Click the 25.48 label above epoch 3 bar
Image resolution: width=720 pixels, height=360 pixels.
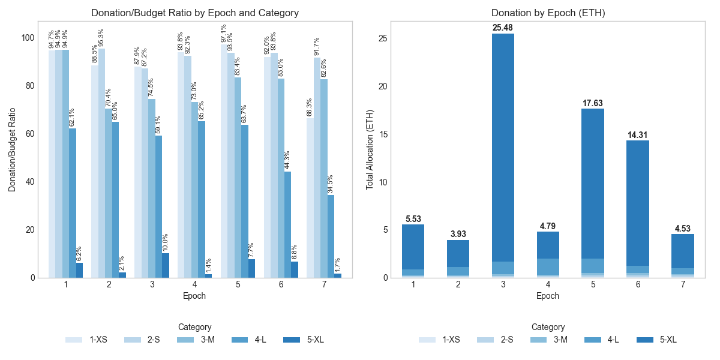pos(503,28)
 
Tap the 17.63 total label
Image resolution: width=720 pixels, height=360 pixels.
pos(593,103)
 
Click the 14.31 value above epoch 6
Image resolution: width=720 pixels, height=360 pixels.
pos(638,135)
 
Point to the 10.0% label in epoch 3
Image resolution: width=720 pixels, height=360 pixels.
pos(166,243)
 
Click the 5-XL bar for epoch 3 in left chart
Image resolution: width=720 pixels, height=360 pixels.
pos(166,266)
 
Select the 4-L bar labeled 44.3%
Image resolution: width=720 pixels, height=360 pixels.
pos(287,224)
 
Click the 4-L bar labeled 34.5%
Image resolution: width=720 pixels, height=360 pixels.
pos(331,236)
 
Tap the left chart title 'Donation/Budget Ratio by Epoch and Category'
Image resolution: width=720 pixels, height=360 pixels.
pos(194,13)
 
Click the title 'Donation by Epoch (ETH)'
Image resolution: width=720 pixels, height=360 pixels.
pos(547,13)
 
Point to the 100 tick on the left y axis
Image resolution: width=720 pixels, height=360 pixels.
pos(28,38)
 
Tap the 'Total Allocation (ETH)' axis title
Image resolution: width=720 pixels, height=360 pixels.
pos(370,150)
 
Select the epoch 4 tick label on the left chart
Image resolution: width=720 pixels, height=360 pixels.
pos(194,284)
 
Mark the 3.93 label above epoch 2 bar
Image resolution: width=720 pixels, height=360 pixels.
pos(458,234)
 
